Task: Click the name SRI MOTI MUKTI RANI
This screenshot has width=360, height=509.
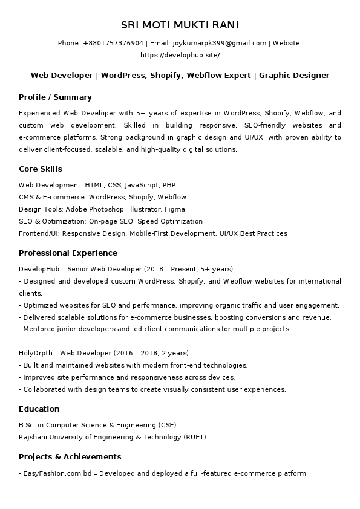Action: pyautogui.click(x=180, y=25)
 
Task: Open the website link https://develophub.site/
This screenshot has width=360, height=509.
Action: pyautogui.click(x=180, y=55)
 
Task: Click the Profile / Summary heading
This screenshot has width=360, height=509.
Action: pyautogui.click(x=55, y=97)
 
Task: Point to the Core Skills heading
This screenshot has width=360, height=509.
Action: pyautogui.click(x=41, y=169)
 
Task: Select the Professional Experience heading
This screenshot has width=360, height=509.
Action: pyautogui.click(x=68, y=253)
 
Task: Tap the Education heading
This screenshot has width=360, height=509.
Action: pyautogui.click(x=39, y=409)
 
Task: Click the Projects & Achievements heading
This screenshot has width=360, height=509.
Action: pyautogui.click(x=70, y=456)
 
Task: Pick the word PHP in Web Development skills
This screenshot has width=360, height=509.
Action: pyautogui.click(x=169, y=185)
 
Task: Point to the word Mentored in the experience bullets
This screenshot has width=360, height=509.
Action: pyautogui.click(x=38, y=329)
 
